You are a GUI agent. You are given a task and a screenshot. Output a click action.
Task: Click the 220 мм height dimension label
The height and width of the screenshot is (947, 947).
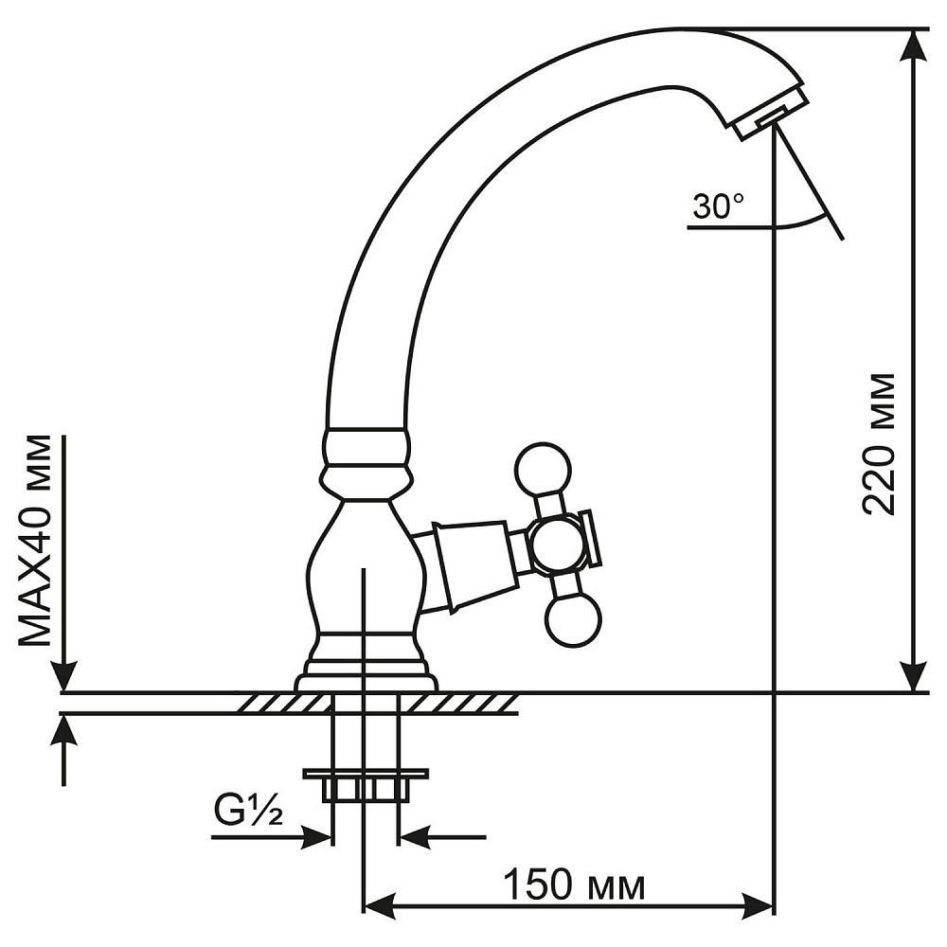(879, 443)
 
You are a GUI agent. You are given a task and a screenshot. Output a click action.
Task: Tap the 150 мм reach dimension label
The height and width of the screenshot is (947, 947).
(575, 886)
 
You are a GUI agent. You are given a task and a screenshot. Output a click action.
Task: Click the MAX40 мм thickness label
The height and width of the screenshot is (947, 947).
(36, 540)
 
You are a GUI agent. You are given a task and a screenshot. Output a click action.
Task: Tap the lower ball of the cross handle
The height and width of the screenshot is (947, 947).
(574, 620)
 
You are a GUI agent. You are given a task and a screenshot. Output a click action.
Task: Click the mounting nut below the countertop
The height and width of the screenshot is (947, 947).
(366, 784)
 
